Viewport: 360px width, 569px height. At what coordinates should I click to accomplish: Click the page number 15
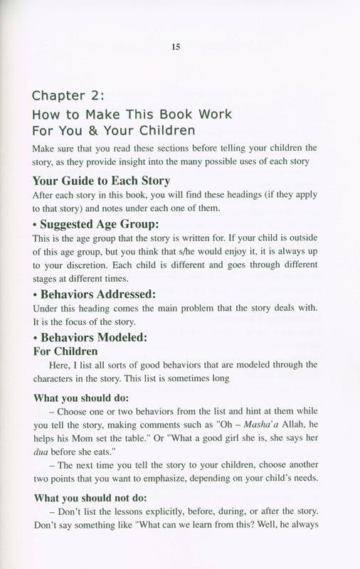[x=176, y=47]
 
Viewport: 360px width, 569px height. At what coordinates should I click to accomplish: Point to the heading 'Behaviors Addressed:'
[x=96, y=293]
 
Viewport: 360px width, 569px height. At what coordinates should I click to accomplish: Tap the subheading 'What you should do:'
[x=80, y=398]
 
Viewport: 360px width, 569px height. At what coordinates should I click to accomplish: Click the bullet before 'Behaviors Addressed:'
[x=36, y=294]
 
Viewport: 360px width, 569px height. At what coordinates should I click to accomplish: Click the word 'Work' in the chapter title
[x=213, y=114]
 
